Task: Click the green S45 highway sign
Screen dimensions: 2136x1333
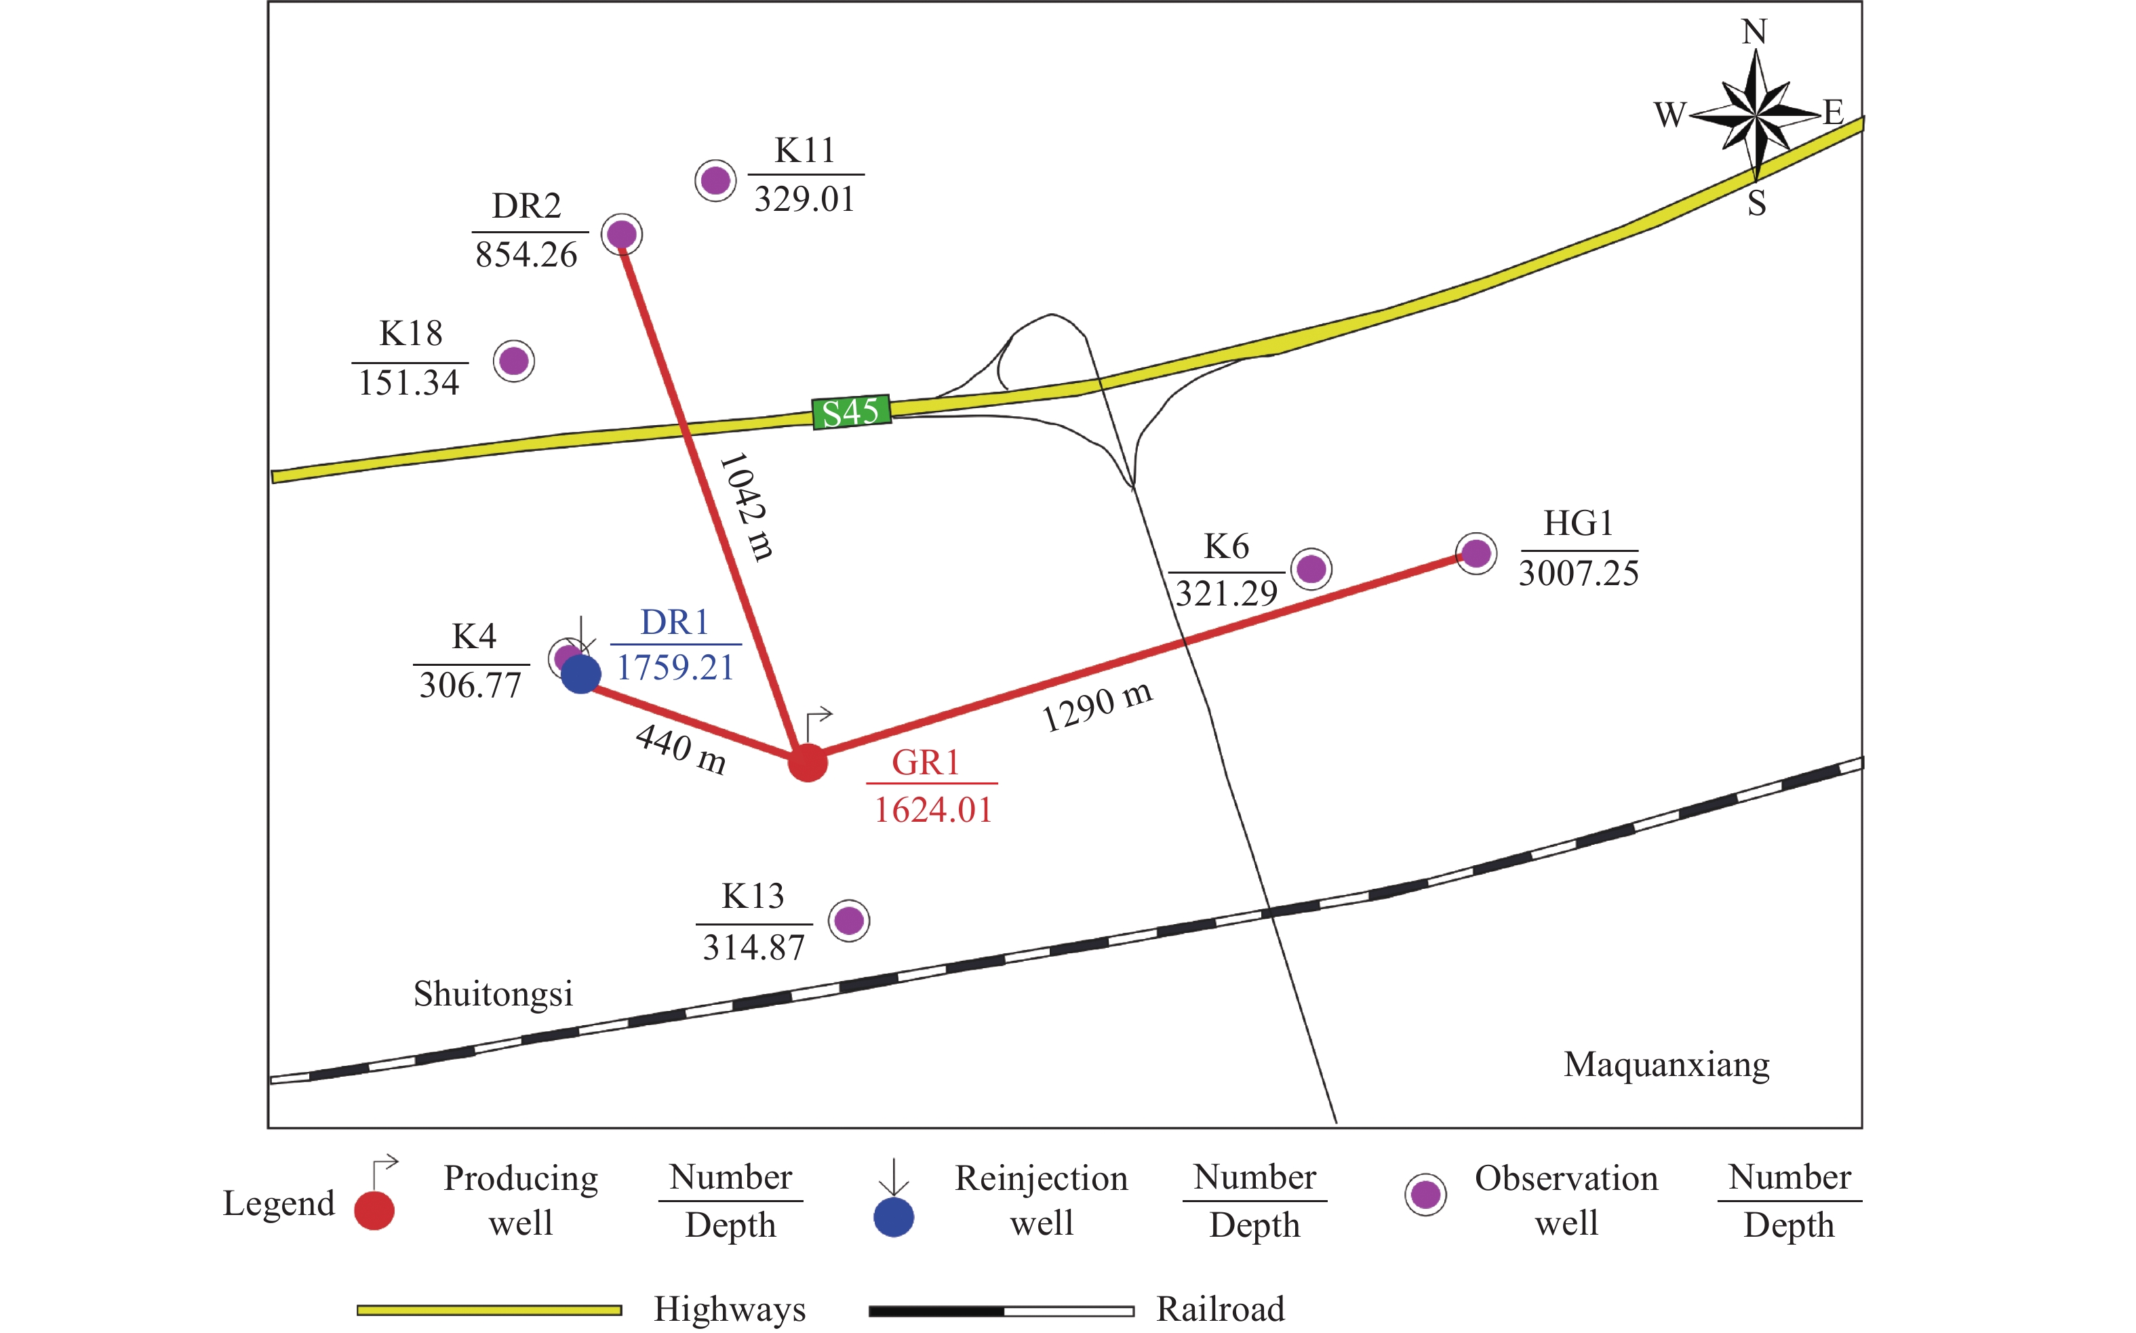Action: pyautogui.click(x=851, y=412)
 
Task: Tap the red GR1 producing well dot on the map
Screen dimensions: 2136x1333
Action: pyautogui.click(x=808, y=763)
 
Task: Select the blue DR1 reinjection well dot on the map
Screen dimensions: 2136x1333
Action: pyautogui.click(x=581, y=675)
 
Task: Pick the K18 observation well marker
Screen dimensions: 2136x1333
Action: pyautogui.click(x=514, y=361)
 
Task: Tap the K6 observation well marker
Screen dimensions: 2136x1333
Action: pyautogui.click(x=1311, y=569)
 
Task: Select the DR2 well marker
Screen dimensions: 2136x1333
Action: pyautogui.click(x=622, y=235)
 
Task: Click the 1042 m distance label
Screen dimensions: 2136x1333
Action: pyautogui.click(x=747, y=507)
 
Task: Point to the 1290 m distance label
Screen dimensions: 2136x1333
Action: pyautogui.click(x=1098, y=707)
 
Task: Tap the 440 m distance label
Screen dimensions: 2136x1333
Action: pyautogui.click(x=681, y=749)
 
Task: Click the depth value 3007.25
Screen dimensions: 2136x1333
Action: pyautogui.click(x=1579, y=573)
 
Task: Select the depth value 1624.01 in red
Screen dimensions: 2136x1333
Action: pyautogui.click(x=934, y=810)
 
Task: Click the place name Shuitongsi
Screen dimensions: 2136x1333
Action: pyautogui.click(x=494, y=995)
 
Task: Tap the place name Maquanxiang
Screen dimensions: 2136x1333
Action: pyautogui.click(x=1667, y=1066)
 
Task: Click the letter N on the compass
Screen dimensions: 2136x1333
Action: pyautogui.click(x=1754, y=32)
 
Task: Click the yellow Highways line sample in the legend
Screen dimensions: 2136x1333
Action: pyautogui.click(x=490, y=1311)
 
